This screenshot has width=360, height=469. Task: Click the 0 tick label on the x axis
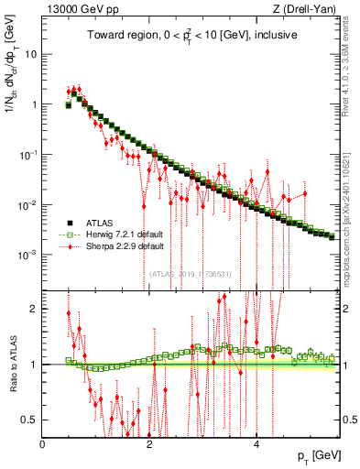(x=43, y=444)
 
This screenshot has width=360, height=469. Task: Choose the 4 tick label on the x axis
(x=256, y=444)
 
